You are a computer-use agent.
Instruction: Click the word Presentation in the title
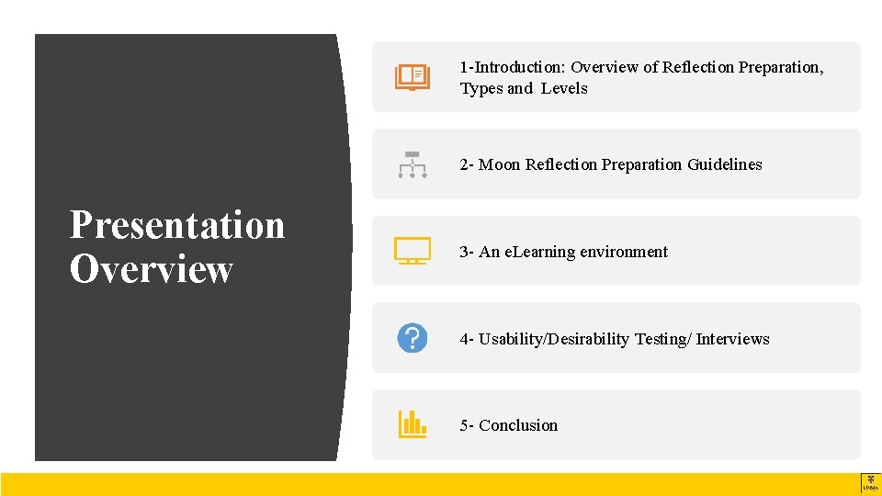[177, 225]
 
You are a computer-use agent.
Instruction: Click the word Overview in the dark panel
[152, 269]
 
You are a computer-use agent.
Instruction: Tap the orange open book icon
[412, 77]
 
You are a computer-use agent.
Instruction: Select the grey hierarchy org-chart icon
[412, 164]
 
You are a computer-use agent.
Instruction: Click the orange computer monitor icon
[412, 251]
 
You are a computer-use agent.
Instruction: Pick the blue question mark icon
[412, 338]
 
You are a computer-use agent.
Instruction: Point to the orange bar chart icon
[412, 424]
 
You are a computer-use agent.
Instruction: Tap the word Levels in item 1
[564, 88]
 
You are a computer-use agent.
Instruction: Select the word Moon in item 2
[499, 164]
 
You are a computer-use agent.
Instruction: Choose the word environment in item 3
[624, 252]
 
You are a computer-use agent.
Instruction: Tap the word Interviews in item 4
[732, 339]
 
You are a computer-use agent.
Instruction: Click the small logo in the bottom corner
[870, 483]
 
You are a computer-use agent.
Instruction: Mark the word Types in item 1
[481, 88]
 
